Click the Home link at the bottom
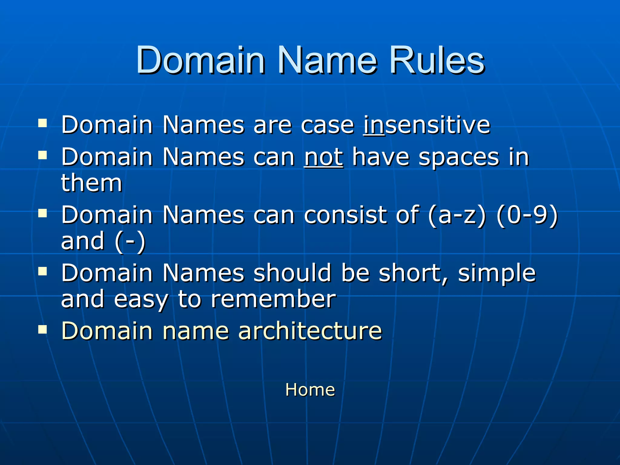[310, 390]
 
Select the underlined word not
[323, 157]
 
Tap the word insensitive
[427, 125]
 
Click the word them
[91, 183]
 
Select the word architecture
[310, 331]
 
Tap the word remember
[273, 299]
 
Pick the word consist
[345, 215]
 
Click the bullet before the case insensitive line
[43, 123]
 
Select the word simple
[496, 273]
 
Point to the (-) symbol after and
[130, 242]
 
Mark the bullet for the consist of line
[43, 213]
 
